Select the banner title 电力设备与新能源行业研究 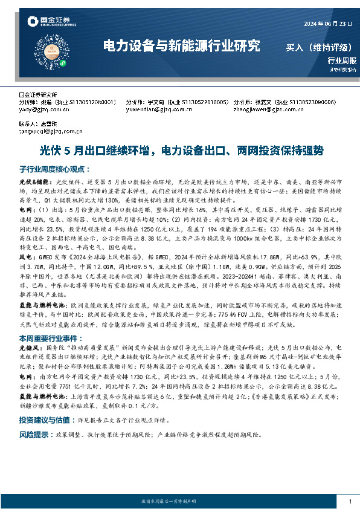pos(181,46)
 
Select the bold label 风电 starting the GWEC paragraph pos(25,256)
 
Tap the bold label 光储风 pos(29,349)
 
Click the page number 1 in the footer pos(350,501)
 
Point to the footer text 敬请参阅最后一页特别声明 pos(179,501)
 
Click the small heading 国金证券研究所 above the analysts pos(37,95)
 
